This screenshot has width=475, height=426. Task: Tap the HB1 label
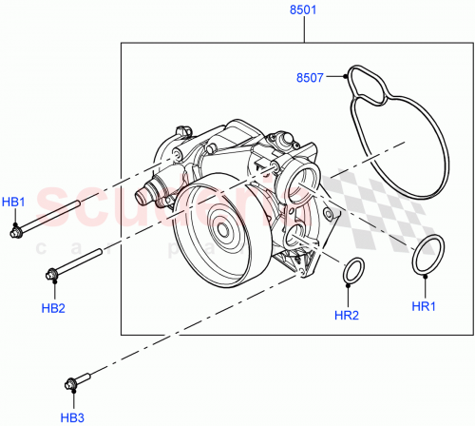(14, 202)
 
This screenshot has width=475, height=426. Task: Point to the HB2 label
(53, 308)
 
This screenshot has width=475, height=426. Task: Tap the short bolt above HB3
(82, 382)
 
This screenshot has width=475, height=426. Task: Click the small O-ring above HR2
(353, 270)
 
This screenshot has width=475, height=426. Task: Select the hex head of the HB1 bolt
(16, 230)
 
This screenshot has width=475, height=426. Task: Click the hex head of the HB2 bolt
(51, 276)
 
